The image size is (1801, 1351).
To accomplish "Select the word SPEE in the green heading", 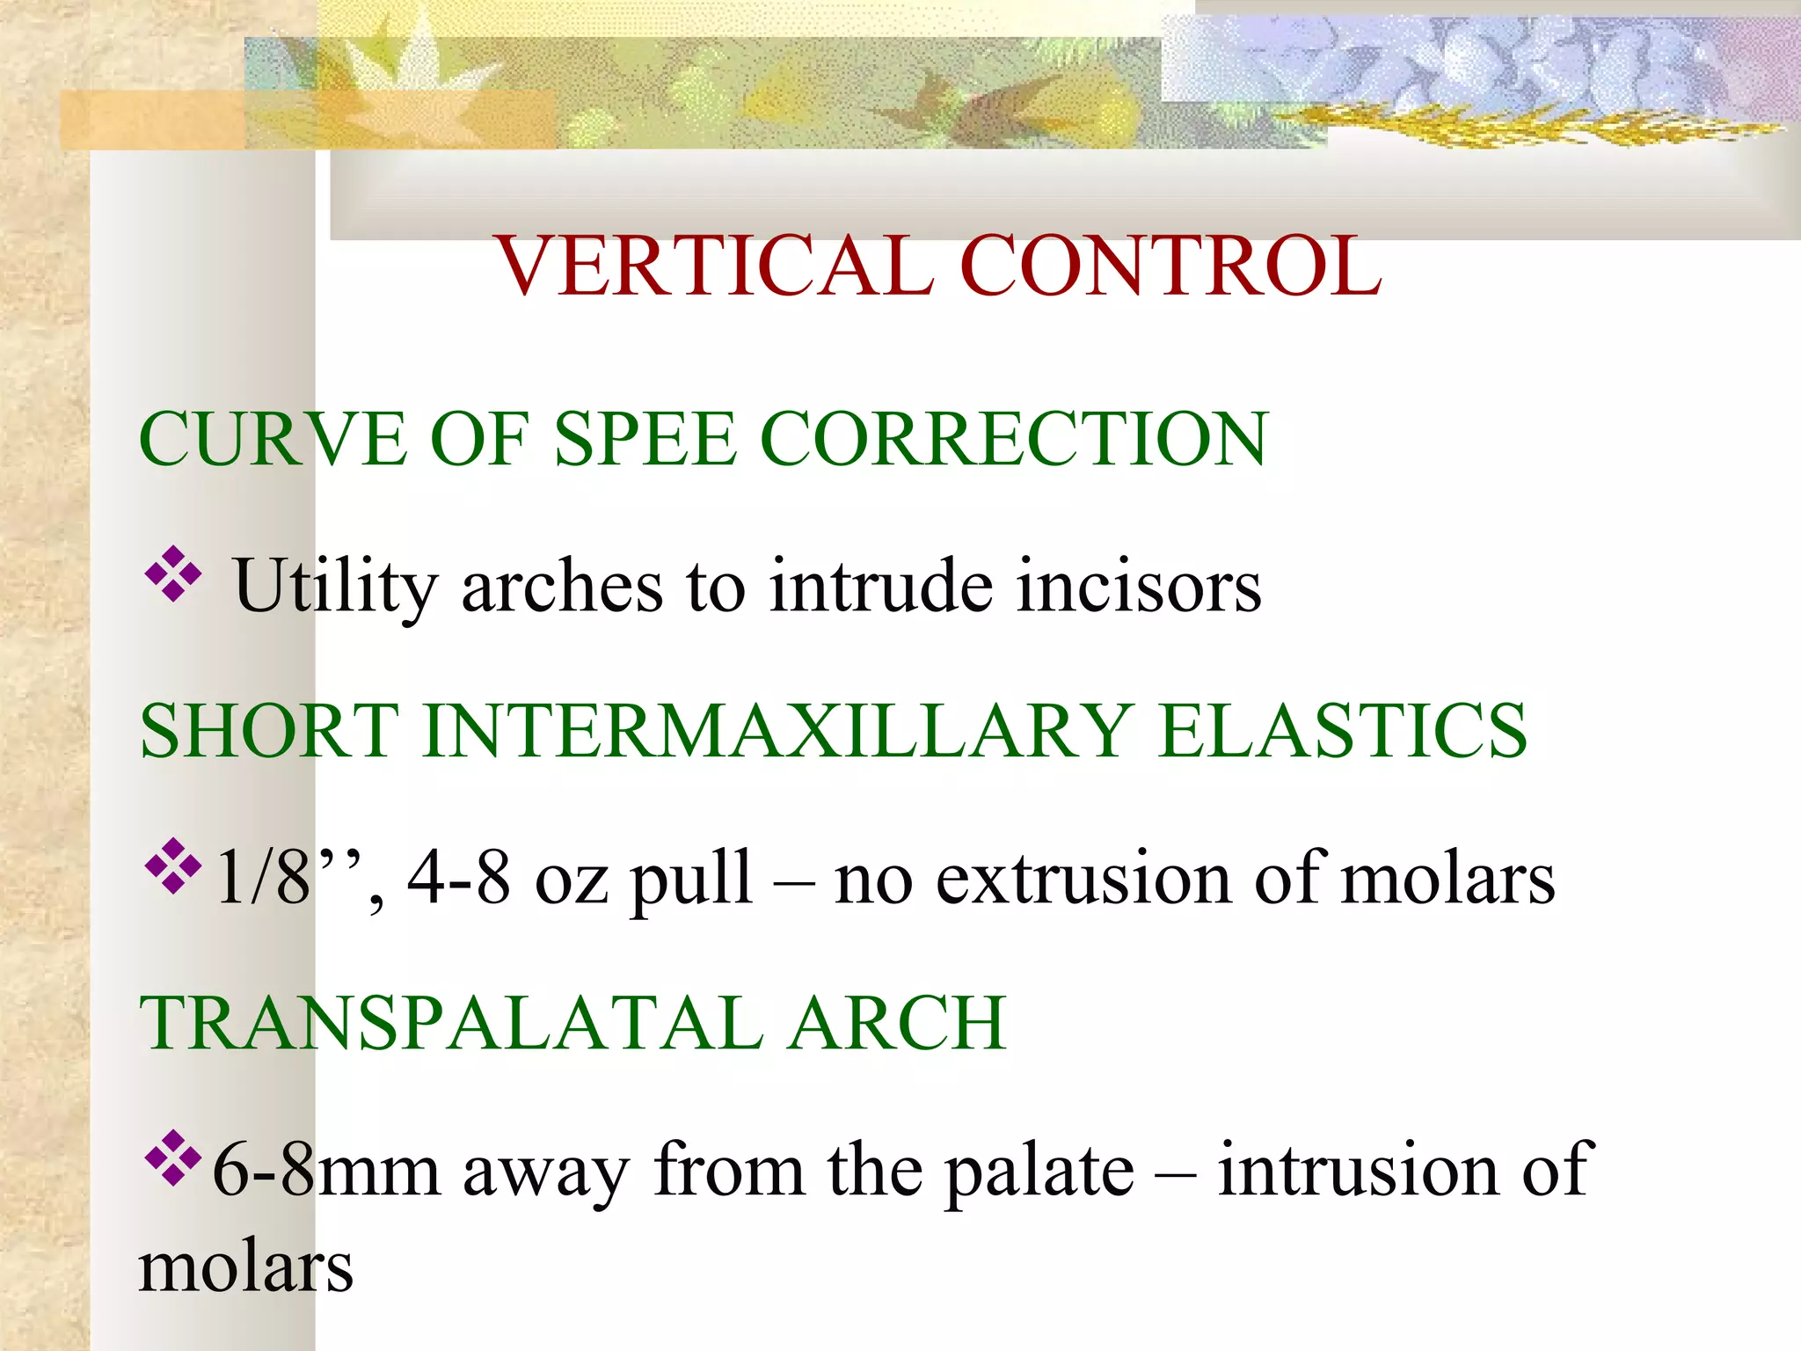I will coord(645,439).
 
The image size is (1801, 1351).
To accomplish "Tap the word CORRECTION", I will coord(1013,439).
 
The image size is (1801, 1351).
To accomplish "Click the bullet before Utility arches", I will coord(173,575).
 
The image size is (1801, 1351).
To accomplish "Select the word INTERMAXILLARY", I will coord(777,731).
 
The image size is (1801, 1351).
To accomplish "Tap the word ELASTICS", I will coord(1343,731).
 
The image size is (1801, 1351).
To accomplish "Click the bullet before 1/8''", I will coord(173,867).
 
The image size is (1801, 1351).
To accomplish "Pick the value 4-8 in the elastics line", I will coord(458,878).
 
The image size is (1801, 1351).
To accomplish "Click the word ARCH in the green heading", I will coord(897,1023).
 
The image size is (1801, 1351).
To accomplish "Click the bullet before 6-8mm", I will coord(173,1159).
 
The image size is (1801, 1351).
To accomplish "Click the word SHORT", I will coord(269,731).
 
